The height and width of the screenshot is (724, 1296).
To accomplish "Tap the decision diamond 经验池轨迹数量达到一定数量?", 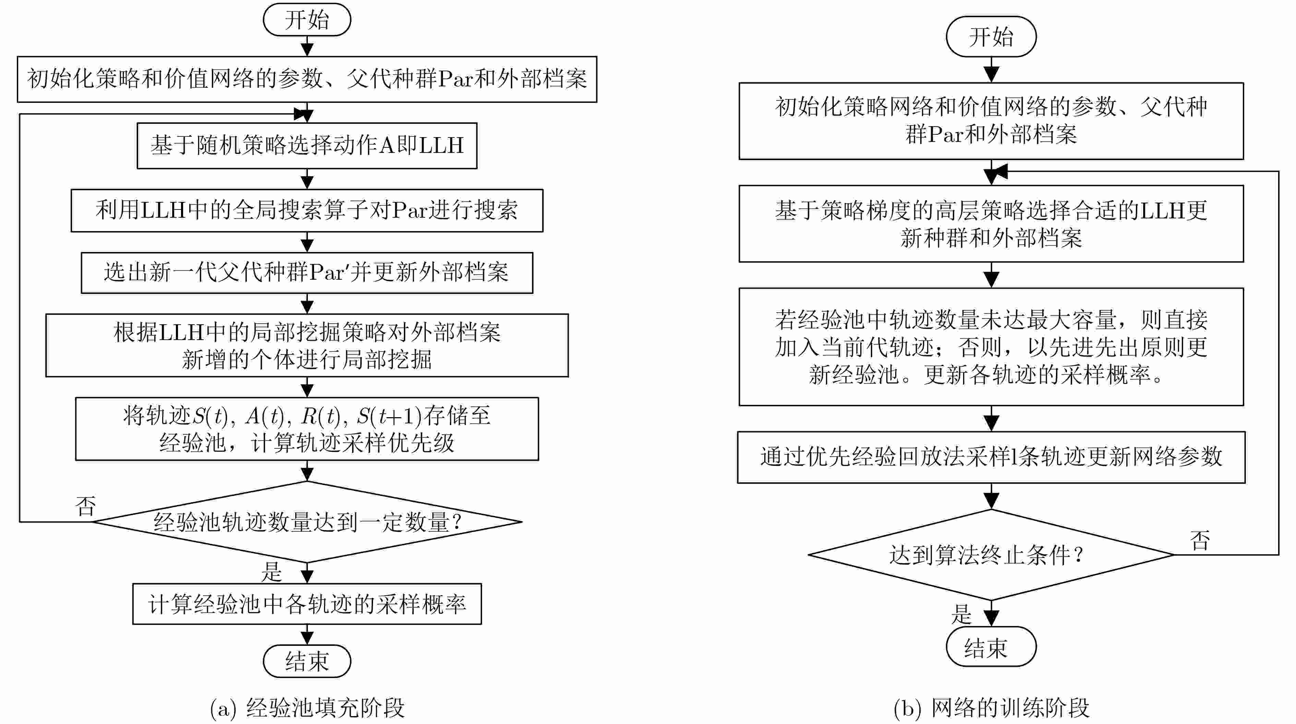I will click(x=307, y=522).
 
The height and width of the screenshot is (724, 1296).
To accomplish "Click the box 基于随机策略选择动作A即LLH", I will click(x=307, y=145).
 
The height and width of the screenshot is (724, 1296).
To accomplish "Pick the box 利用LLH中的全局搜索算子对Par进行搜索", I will click(x=307, y=210).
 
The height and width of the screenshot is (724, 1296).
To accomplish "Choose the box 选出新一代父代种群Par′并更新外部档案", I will click(x=307, y=273).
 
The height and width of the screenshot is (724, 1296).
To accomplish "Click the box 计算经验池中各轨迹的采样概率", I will click(x=307, y=604).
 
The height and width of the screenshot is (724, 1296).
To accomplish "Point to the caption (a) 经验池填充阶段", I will click(x=307, y=708).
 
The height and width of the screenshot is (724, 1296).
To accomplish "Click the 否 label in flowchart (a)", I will click(x=85, y=506).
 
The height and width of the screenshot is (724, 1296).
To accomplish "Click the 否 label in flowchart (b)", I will click(x=1200, y=540).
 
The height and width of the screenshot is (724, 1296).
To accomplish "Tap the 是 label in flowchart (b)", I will click(x=961, y=614).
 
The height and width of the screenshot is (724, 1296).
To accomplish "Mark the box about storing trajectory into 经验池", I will click(x=307, y=429).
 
